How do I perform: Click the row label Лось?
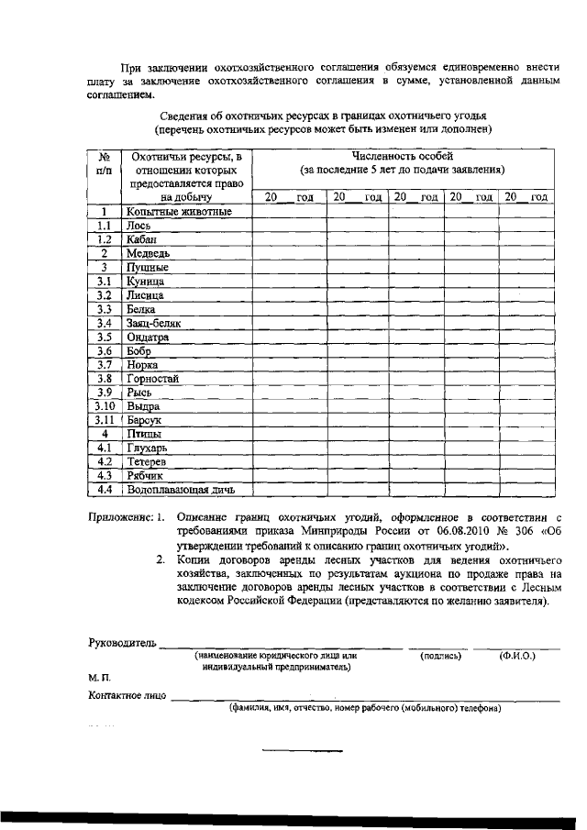coord(139,225)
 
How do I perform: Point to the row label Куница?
coord(146,282)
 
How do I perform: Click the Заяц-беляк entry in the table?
coord(155,323)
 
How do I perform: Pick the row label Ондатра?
coord(149,337)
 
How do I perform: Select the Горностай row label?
coord(153,378)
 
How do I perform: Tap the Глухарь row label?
coord(149,448)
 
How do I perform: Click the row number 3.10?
coord(105,405)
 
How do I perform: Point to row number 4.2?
coord(105,461)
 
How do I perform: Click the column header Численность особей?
coord(401,156)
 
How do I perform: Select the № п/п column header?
coord(105,163)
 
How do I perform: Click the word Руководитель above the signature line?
coord(122,641)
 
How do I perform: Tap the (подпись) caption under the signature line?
coord(440,656)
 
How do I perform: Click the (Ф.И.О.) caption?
coord(517,656)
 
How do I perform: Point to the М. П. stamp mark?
coord(99,677)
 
